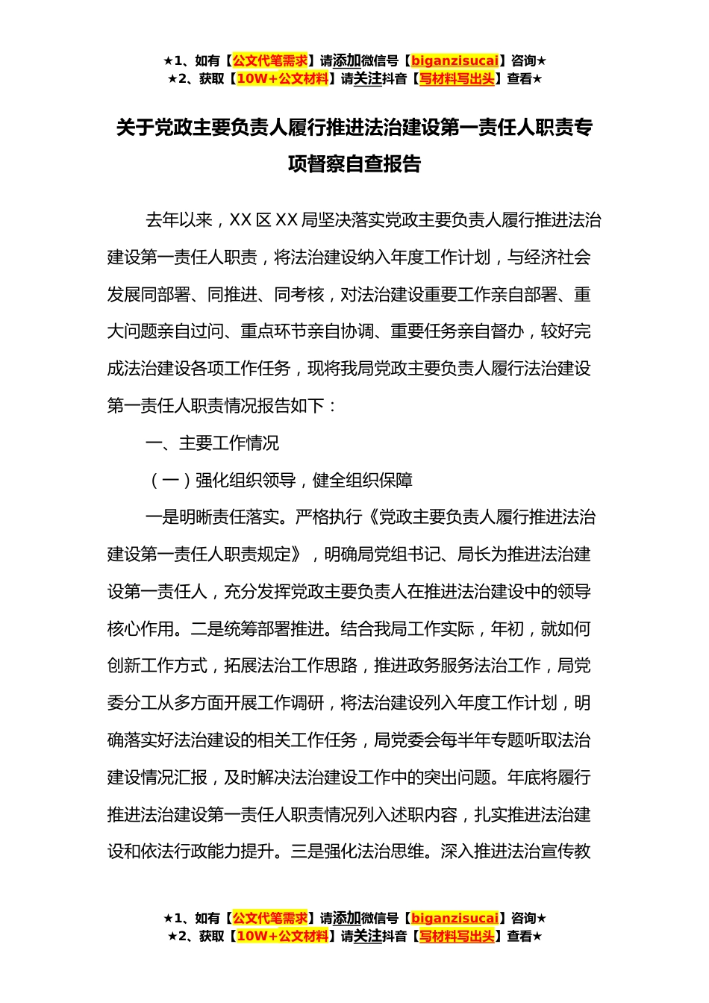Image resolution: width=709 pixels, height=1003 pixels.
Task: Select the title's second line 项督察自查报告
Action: (354, 164)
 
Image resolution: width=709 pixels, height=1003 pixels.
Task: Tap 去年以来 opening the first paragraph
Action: (179, 220)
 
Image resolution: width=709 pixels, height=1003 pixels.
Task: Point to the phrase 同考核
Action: (299, 295)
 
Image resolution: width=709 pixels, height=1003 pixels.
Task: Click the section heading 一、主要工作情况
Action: (212, 443)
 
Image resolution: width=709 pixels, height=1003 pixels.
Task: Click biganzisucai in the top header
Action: (455, 60)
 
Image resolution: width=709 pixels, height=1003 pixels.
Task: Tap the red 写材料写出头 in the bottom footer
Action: (457, 936)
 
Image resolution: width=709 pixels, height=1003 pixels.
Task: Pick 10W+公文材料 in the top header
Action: (282, 78)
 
